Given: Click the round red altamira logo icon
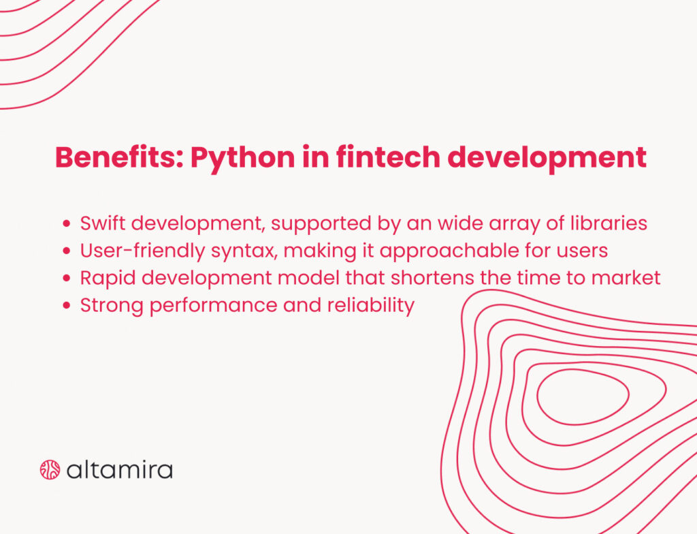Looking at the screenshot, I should [50, 469].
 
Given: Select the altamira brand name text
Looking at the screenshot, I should [120, 469].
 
